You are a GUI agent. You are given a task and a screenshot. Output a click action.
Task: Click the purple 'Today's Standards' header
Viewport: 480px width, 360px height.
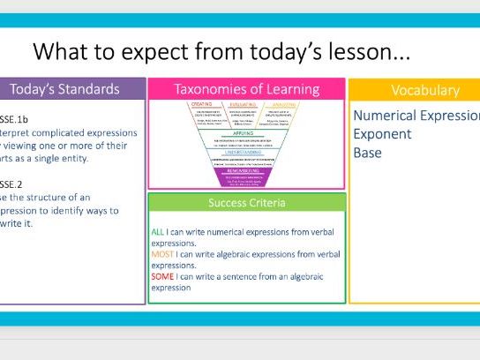click(71, 89)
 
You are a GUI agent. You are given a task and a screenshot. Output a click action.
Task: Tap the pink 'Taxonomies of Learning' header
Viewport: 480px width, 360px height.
click(245, 89)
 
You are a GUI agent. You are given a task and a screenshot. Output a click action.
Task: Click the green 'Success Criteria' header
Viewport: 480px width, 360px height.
click(245, 202)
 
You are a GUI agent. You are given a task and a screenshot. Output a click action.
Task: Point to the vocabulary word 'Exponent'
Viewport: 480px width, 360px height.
click(382, 135)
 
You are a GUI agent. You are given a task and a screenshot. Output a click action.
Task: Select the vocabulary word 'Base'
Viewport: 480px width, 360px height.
click(368, 152)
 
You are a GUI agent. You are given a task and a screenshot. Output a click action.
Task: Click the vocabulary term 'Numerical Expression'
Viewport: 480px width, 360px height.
click(416, 116)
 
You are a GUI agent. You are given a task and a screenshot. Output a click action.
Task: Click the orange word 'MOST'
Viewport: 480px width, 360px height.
click(162, 253)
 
